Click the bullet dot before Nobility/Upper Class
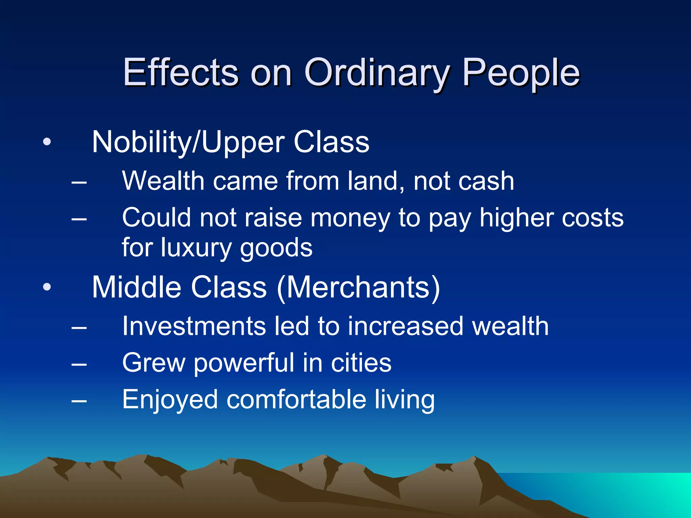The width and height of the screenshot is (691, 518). pyautogui.click(x=47, y=142)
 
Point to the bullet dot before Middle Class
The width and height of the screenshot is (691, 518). pyautogui.click(x=47, y=287)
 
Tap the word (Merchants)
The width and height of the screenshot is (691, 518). pyautogui.click(x=358, y=288)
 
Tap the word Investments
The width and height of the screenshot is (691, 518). pyautogui.click(x=194, y=326)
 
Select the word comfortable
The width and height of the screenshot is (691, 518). pyautogui.click(x=296, y=400)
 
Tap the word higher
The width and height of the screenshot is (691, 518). pyautogui.click(x=517, y=219)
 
